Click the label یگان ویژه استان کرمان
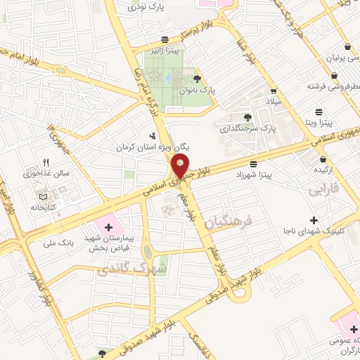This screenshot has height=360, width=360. pyautogui.click(x=153, y=147)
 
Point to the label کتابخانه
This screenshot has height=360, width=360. pyautogui.click(x=42, y=207)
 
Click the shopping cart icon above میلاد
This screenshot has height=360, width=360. pyautogui.click(x=273, y=91)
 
